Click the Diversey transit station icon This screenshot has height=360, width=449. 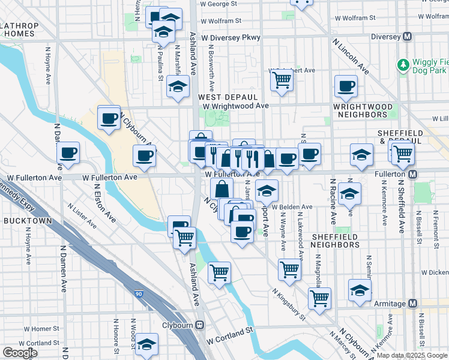tap(408, 37)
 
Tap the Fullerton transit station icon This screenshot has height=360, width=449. tap(412, 174)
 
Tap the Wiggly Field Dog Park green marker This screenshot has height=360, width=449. tap(403, 64)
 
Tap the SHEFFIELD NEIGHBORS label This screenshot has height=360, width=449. tap(335, 241)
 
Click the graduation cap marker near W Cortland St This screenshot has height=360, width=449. tap(146, 345)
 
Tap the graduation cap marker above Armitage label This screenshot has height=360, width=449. tap(360, 290)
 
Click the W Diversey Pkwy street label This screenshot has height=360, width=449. tap(231, 37)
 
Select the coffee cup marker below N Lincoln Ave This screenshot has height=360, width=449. tap(346, 86)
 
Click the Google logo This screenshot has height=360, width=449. tap(20, 353)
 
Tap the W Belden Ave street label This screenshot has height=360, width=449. tap(292, 207)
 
